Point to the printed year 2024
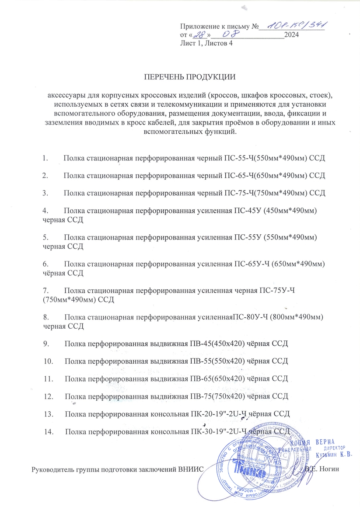pos(291,35)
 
